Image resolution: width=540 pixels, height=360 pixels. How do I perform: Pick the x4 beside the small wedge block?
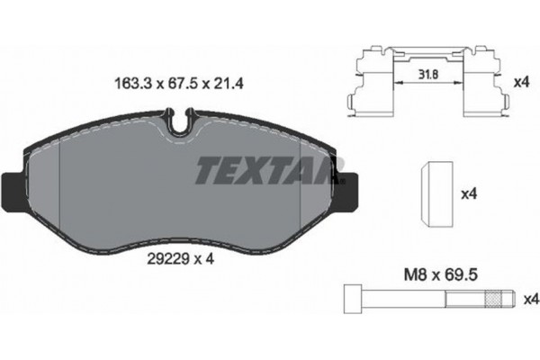pos(469,193)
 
